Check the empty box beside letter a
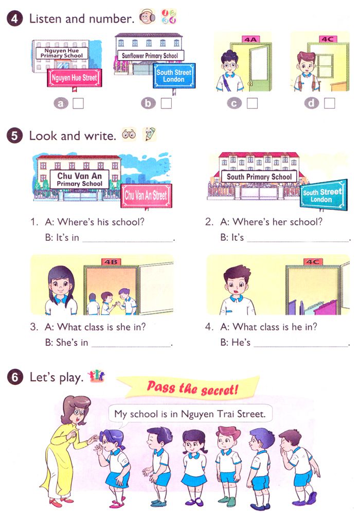[x=78, y=103]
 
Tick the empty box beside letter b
[x=166, y=103]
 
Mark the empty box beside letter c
[x=251, y=103]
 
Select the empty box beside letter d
[x=329, y=103]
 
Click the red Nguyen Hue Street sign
[x=73, y=78]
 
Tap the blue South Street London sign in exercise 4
[x=174, y=76]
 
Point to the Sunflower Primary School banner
[x=149, y=55]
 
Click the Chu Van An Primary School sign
[x=79, y=179]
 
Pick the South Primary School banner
[x=259, y=176]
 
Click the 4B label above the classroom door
[x=111, y=262]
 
